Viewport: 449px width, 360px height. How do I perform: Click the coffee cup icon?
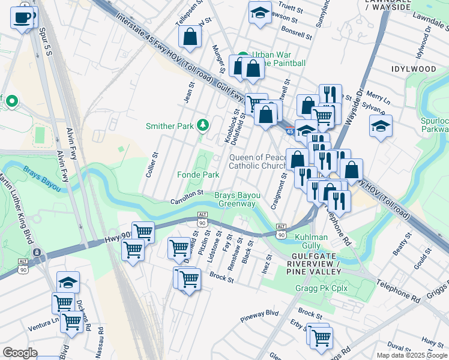click(22, 17)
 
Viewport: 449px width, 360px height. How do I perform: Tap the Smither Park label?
click(170, 126)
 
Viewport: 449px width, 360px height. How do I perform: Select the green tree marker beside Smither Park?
click(203, 125)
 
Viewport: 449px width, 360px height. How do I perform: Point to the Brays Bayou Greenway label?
click(238, 200)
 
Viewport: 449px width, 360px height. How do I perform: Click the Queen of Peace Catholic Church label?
click(258, 161)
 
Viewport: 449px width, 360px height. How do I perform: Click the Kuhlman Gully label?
click(311, 242)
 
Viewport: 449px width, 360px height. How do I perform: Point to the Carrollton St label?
click(184, 197)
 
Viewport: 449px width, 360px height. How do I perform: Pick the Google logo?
click(20, 352)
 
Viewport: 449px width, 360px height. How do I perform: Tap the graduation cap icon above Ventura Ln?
click(68, 283)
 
